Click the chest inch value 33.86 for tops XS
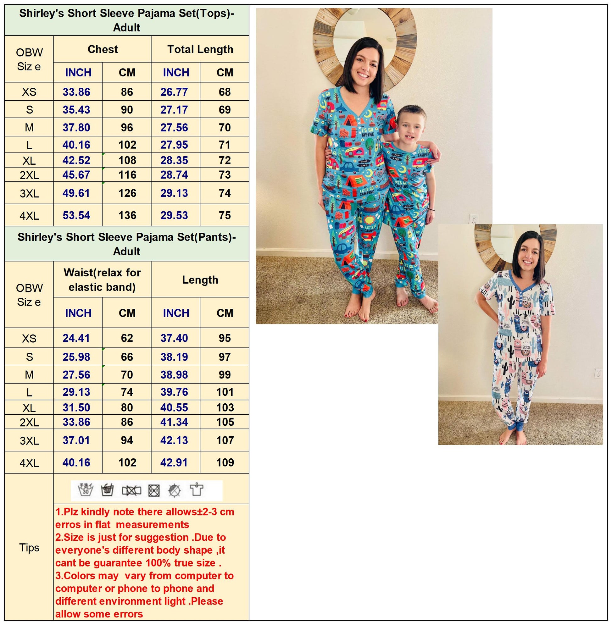(76, 92)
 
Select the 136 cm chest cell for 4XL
(127, 215)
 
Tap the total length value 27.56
(174, 128)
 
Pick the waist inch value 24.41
(76, 338)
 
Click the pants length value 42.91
(174, 462)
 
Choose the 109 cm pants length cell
(225, 462)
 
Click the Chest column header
(103, 49)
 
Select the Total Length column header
(200, 49)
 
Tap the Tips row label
(29, 547)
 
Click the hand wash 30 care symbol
(86, 490)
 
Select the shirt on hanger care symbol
(196, 490)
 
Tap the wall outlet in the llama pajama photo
(598, 373)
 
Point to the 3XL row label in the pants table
(29, 440)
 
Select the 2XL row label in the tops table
(29, 175)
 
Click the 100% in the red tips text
(159, 563)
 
